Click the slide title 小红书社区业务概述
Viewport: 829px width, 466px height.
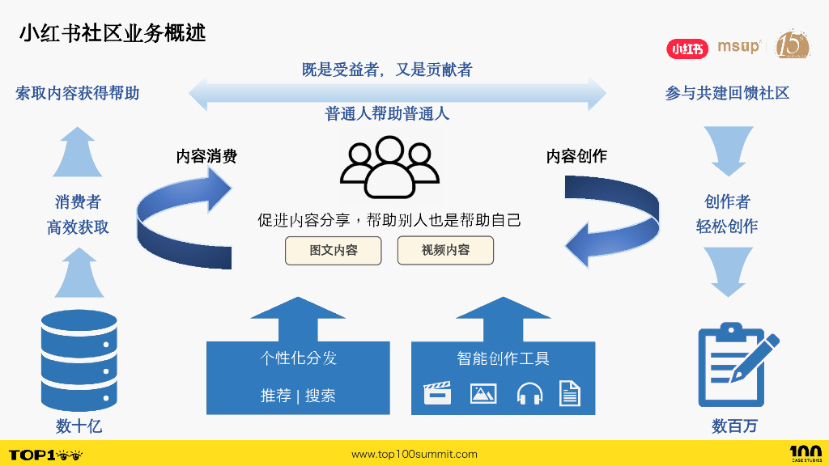pos(113,33)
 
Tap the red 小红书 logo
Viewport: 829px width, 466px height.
pos(687,49)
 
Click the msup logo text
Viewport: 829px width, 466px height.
pos(738,46)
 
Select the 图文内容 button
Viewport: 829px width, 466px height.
pos(333,251)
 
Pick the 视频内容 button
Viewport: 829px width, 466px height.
pos(445,251)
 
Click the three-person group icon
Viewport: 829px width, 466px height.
pos(389,167)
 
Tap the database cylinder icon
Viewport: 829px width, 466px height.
pos(79,361)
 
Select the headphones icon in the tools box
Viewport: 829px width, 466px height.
pos(529,394)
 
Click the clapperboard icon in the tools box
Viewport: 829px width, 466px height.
pos(438,394)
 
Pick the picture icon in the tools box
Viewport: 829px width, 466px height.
pos(483,394)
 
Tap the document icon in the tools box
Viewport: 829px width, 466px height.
pos(570,394)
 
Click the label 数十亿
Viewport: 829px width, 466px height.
pos(79,426)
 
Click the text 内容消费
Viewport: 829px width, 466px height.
pos(206,157)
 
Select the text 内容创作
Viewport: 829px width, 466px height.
pos(576,157)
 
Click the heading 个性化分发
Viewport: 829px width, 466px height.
pos(298,358)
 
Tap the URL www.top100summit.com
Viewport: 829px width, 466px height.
pos(414,455)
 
